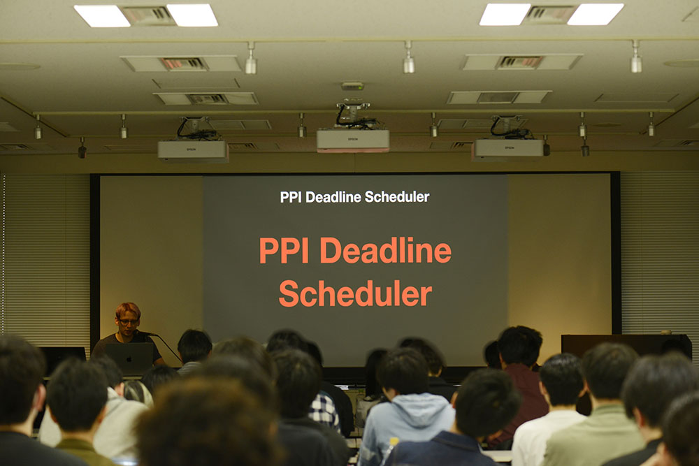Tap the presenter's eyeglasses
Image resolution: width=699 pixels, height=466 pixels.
[x=128, y=321]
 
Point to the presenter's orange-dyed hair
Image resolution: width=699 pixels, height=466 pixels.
[x=128, y=310]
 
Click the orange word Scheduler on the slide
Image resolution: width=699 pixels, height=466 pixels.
[x=355, y=293]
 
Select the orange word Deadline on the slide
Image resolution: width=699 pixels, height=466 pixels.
[x=386, y=250]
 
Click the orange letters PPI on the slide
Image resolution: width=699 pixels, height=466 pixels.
[x=284, y=250]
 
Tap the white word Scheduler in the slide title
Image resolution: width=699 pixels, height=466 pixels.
[x=397, y=197]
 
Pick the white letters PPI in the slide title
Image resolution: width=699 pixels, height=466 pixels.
[x=291, y=197]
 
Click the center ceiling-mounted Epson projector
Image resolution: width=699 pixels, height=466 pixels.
[x=352, y=140]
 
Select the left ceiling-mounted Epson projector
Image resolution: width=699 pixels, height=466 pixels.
[x=193, y=151]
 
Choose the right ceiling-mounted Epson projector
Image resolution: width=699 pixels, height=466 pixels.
[x=508, y=149]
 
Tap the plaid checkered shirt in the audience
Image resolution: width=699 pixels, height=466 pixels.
[x=324, y=411]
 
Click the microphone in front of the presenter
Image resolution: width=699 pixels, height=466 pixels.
[x=146, y=333]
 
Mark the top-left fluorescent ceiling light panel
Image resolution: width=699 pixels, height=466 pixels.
[x=146, y=15]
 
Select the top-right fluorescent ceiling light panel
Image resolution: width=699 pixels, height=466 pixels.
[x=552, y=14]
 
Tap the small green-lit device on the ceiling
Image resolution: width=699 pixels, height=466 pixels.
[x=352, y=85]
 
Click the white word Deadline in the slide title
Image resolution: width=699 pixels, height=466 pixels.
[x=333, y=197]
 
